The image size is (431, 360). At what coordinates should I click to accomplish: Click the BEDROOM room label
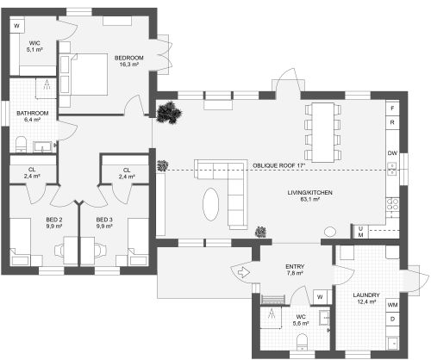pos(128,58)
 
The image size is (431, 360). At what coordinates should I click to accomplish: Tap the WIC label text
pos(34,43)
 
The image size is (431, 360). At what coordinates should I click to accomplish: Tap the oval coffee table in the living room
pos(211,204)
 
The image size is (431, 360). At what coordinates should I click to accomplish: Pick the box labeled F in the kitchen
pos(392,109)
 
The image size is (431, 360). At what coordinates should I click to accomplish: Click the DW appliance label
pos(392,153)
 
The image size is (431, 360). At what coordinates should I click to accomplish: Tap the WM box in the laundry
pos(392,305)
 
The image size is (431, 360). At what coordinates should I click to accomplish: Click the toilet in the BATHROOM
pos(21,143)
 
